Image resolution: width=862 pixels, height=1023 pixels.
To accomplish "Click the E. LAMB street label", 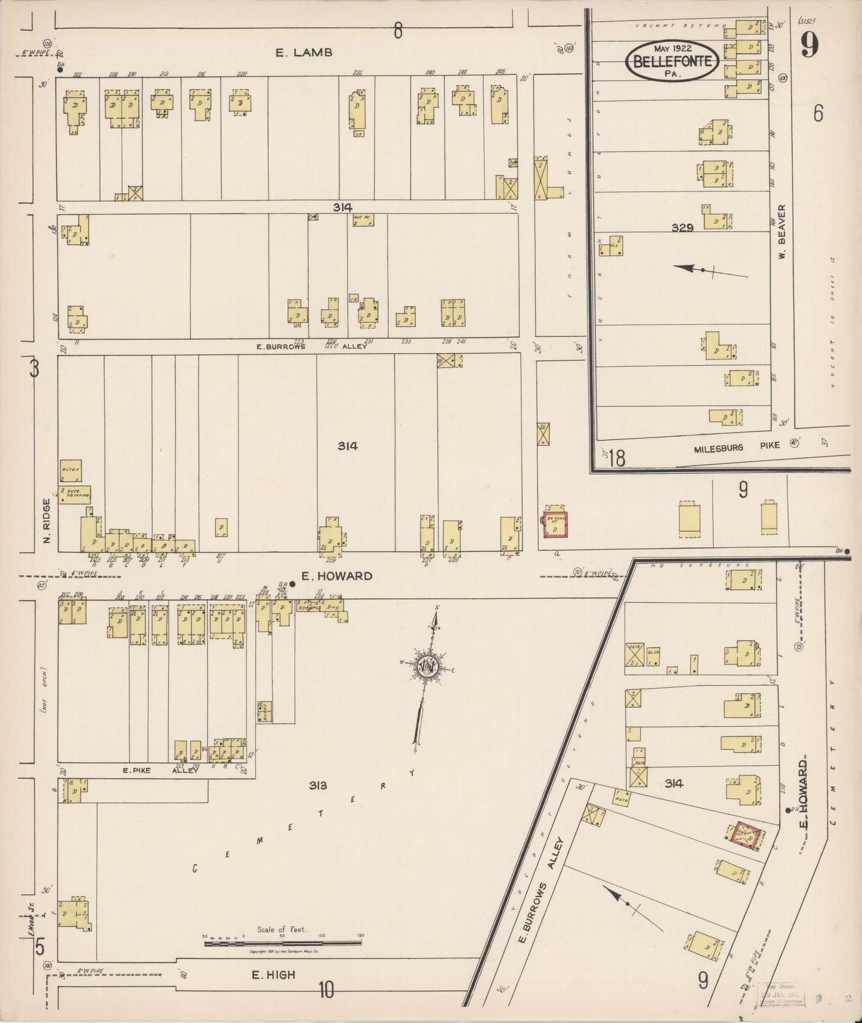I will [303, 53].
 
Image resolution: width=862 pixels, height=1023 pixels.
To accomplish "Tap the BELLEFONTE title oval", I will [672, 60].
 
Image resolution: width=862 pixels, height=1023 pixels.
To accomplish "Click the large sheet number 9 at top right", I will [809, 45].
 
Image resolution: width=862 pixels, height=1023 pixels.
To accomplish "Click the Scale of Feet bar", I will [282, 943].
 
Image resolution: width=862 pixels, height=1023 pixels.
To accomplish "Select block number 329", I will [682, 227].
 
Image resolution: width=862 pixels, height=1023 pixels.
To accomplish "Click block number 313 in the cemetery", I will [318, 785].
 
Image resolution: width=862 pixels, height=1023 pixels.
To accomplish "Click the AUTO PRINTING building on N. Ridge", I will [75, 494].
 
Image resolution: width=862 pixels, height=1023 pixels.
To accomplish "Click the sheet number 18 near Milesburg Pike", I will [617, 458].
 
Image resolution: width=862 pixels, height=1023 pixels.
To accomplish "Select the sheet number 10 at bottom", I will [326, 991].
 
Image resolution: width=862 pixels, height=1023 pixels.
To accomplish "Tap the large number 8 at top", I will [398, 30].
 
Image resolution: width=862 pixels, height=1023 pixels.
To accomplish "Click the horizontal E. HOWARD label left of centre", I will [336, 576].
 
